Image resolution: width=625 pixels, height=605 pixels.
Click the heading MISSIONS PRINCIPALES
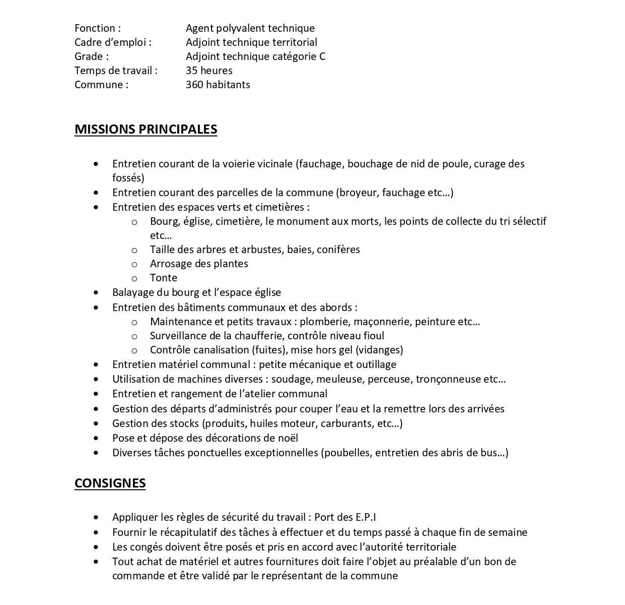coord(146,129)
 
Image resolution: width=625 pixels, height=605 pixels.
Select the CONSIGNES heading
coord(110,483)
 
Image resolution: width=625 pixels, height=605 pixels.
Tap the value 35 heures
coord(209,71)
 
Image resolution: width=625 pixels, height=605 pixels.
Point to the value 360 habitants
coord(218,85)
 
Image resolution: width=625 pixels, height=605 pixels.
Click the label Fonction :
coord(97,28)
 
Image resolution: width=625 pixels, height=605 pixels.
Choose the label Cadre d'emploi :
coord(113,42)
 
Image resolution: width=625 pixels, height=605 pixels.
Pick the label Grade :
coord(91,56)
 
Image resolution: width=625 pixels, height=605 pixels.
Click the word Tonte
coord(163,278)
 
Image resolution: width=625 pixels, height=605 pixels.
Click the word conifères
coord(338,250)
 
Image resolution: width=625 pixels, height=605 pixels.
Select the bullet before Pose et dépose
coord(96,439)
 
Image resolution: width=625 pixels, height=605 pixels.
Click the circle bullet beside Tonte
coord(134,278)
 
